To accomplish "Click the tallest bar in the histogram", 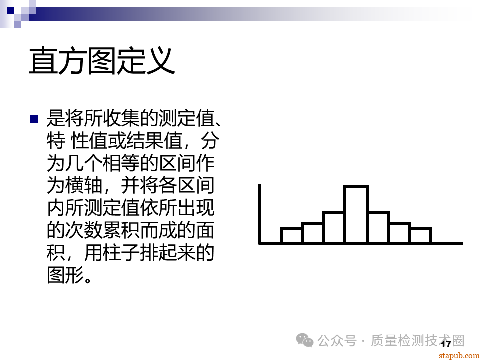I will point(356,215).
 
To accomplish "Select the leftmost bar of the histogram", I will point(291,235).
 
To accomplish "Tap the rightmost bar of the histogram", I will point(420,235).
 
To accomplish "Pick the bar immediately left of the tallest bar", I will point(333,228).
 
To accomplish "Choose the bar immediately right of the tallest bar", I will point(379,228).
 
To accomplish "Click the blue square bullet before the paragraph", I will point(34,119).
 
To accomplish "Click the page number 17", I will point(446,344).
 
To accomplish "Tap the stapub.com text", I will point(458,355).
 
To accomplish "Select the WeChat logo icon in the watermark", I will point(305,340).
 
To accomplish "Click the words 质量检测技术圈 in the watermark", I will point(418,341).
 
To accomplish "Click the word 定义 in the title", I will point(146,61).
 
